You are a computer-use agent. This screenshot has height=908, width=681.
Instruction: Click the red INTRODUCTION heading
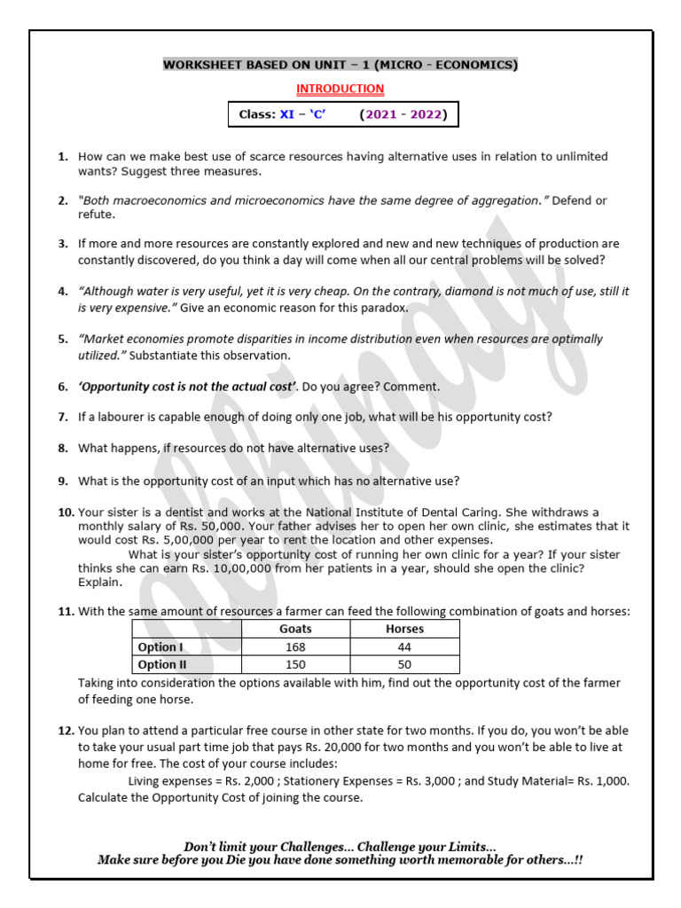[340, 89]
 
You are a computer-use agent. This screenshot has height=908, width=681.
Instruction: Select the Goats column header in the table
[295, 629]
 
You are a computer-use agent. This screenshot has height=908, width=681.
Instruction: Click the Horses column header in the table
[405, 629]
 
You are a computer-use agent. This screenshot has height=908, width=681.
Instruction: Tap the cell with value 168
[295, 646]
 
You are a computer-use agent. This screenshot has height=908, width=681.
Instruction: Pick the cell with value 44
[405, 646]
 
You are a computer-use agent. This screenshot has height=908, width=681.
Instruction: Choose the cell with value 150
[295, 664]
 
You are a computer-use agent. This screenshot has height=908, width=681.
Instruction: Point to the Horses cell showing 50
[405, 664]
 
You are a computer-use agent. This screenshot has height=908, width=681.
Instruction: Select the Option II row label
[162, 664]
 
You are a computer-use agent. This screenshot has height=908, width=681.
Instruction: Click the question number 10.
[66, 513]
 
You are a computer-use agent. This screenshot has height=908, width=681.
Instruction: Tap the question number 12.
[66, 731]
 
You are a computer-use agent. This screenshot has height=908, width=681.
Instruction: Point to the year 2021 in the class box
[380, 114]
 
